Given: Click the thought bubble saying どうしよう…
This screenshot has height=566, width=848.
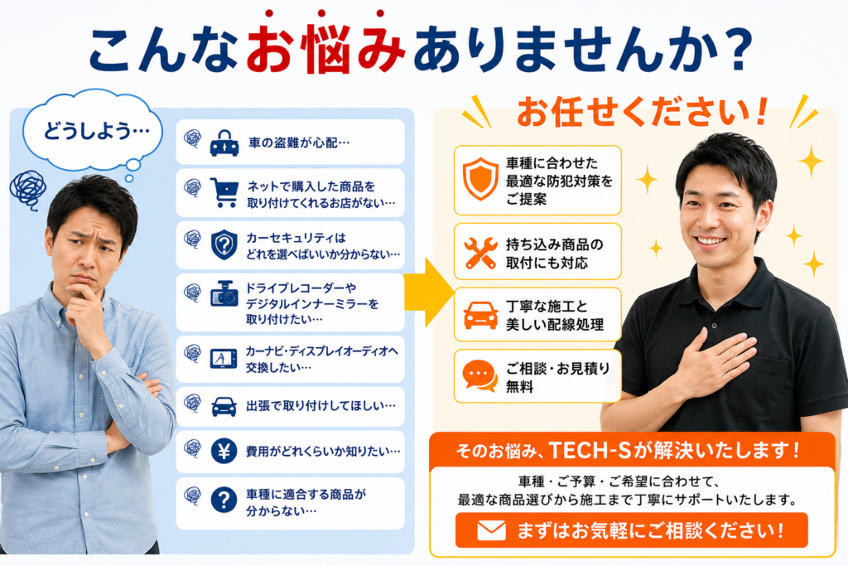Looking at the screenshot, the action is [x=92, y=130].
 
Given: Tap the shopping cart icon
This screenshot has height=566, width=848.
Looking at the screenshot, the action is [x=224, y=192].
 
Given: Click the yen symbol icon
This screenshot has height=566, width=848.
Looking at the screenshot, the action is [x=224, y=450].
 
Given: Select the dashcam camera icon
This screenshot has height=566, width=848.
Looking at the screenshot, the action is [x=224, y=294].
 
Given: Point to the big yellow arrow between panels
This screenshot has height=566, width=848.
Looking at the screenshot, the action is [x=428, y=293].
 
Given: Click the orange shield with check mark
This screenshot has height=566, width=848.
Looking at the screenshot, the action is [x=480, y=179].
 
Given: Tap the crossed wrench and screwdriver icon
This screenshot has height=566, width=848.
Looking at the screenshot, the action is [x=480, y=253].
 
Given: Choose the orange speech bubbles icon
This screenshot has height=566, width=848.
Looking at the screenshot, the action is [x=480, y=375].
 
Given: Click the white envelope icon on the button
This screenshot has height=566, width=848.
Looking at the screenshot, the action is [x=492, y=530].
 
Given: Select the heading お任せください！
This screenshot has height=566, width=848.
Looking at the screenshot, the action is [x=643, y=112].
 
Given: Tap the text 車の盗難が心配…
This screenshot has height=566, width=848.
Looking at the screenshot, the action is [x=299, y=143].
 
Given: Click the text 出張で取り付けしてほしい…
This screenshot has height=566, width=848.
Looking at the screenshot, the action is [x=320, y=405].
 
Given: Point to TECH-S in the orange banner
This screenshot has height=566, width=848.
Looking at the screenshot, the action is [x=590, y=450].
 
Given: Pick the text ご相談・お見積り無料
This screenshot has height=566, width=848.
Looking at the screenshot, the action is [x=557, y=377].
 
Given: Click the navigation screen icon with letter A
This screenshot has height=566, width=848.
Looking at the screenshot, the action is [x=224, y=358].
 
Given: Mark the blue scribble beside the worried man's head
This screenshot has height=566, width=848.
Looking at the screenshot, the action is [x=27, y=190].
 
